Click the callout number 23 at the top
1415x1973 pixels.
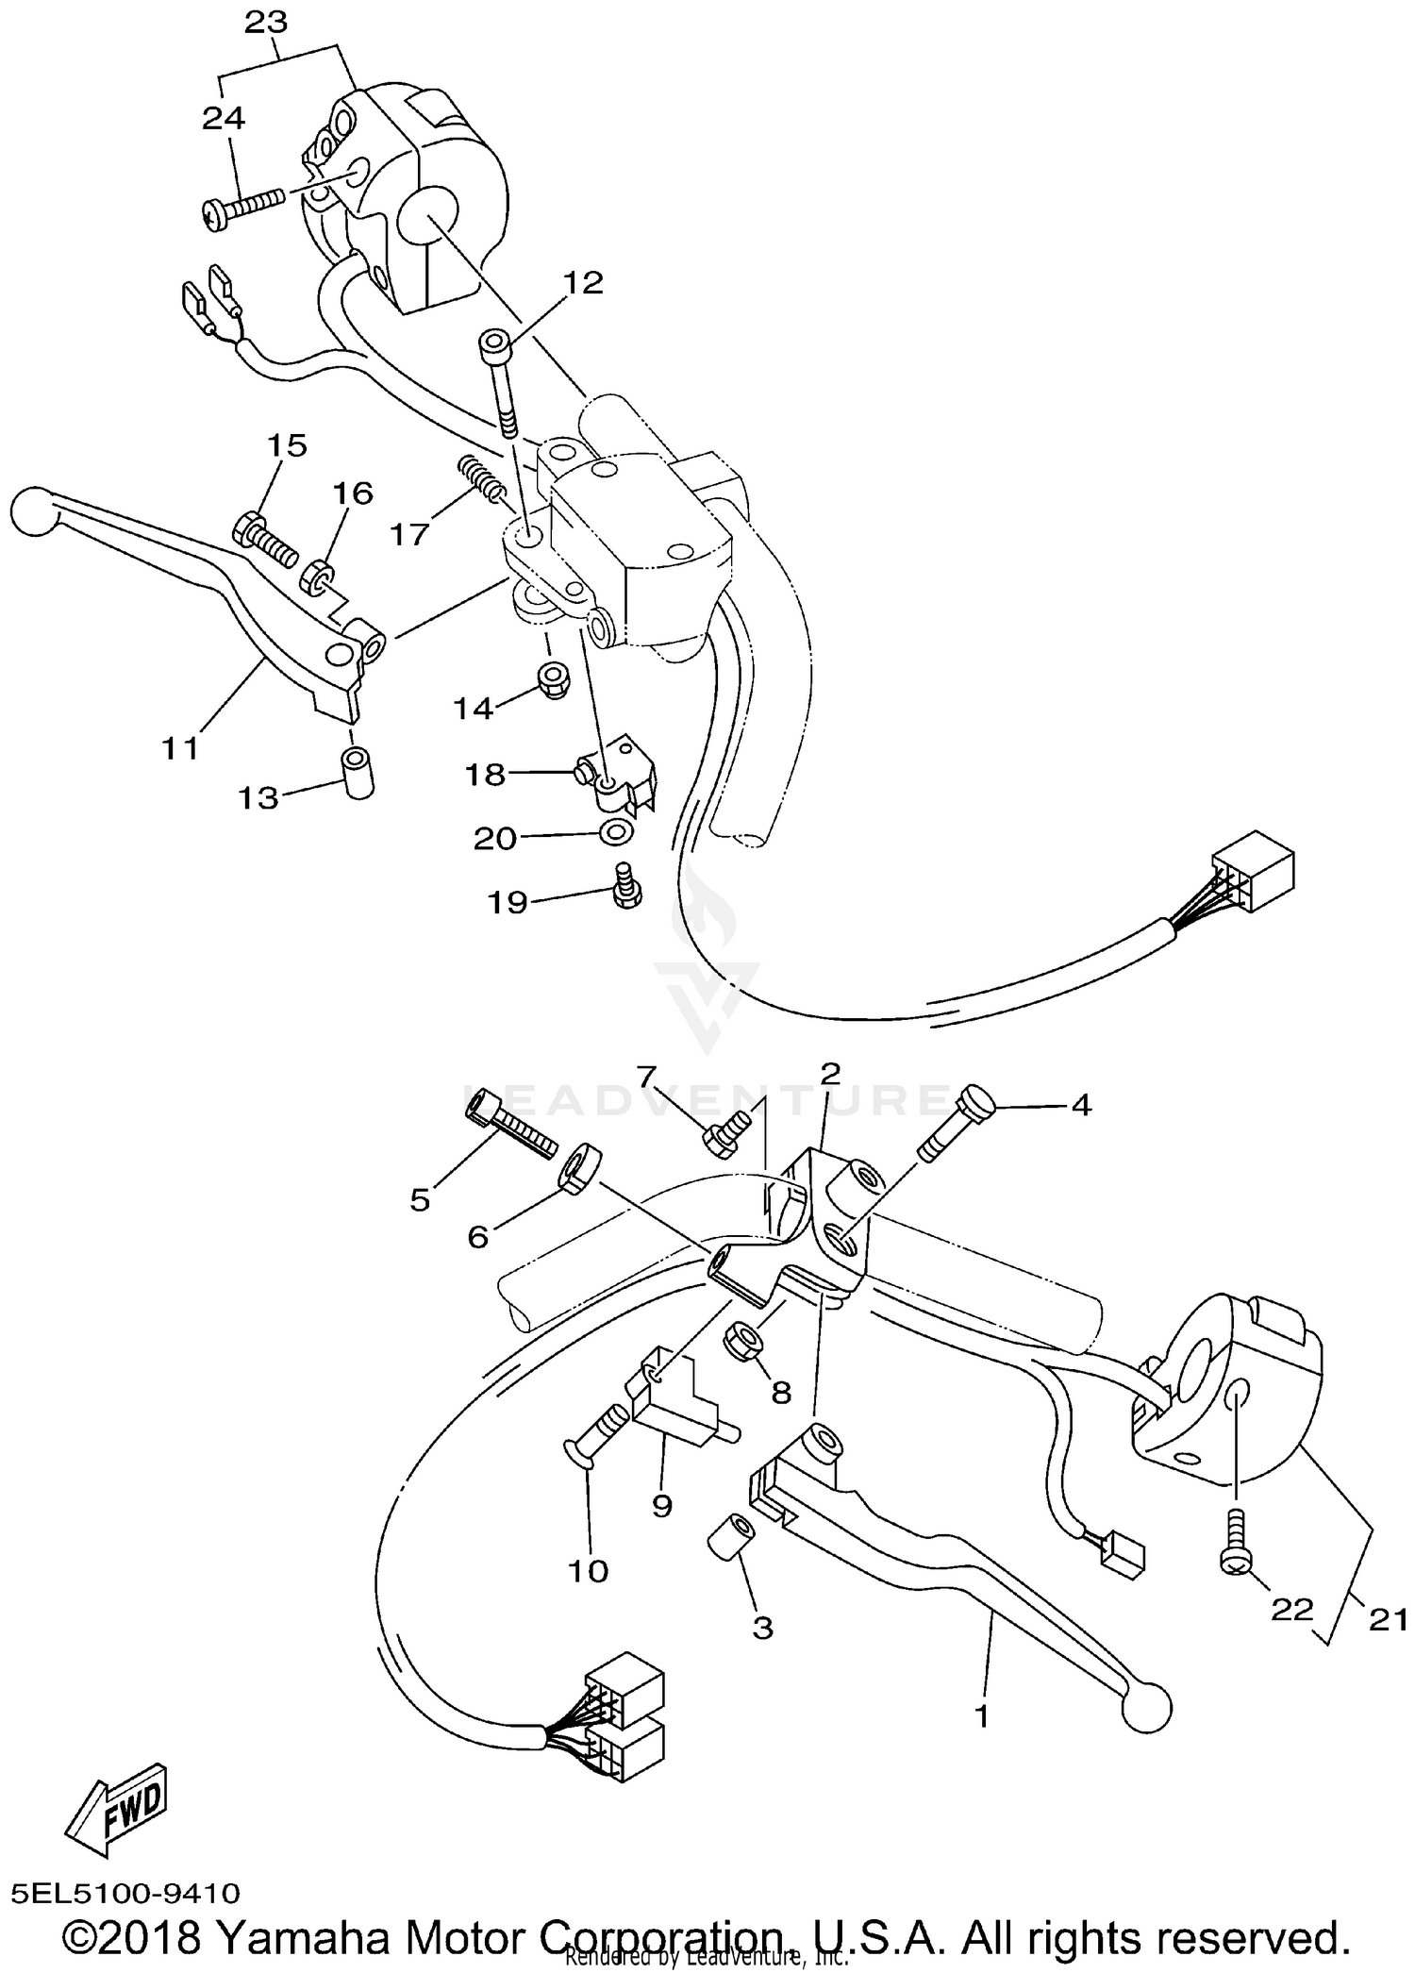pos(266,23)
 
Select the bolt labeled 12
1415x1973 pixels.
pos(500,382)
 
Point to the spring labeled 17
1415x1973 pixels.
pos(482,478)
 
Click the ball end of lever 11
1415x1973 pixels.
pos(34,510)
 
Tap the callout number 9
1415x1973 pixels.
pos(661,1506)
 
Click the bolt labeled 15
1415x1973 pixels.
pos(262,535)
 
